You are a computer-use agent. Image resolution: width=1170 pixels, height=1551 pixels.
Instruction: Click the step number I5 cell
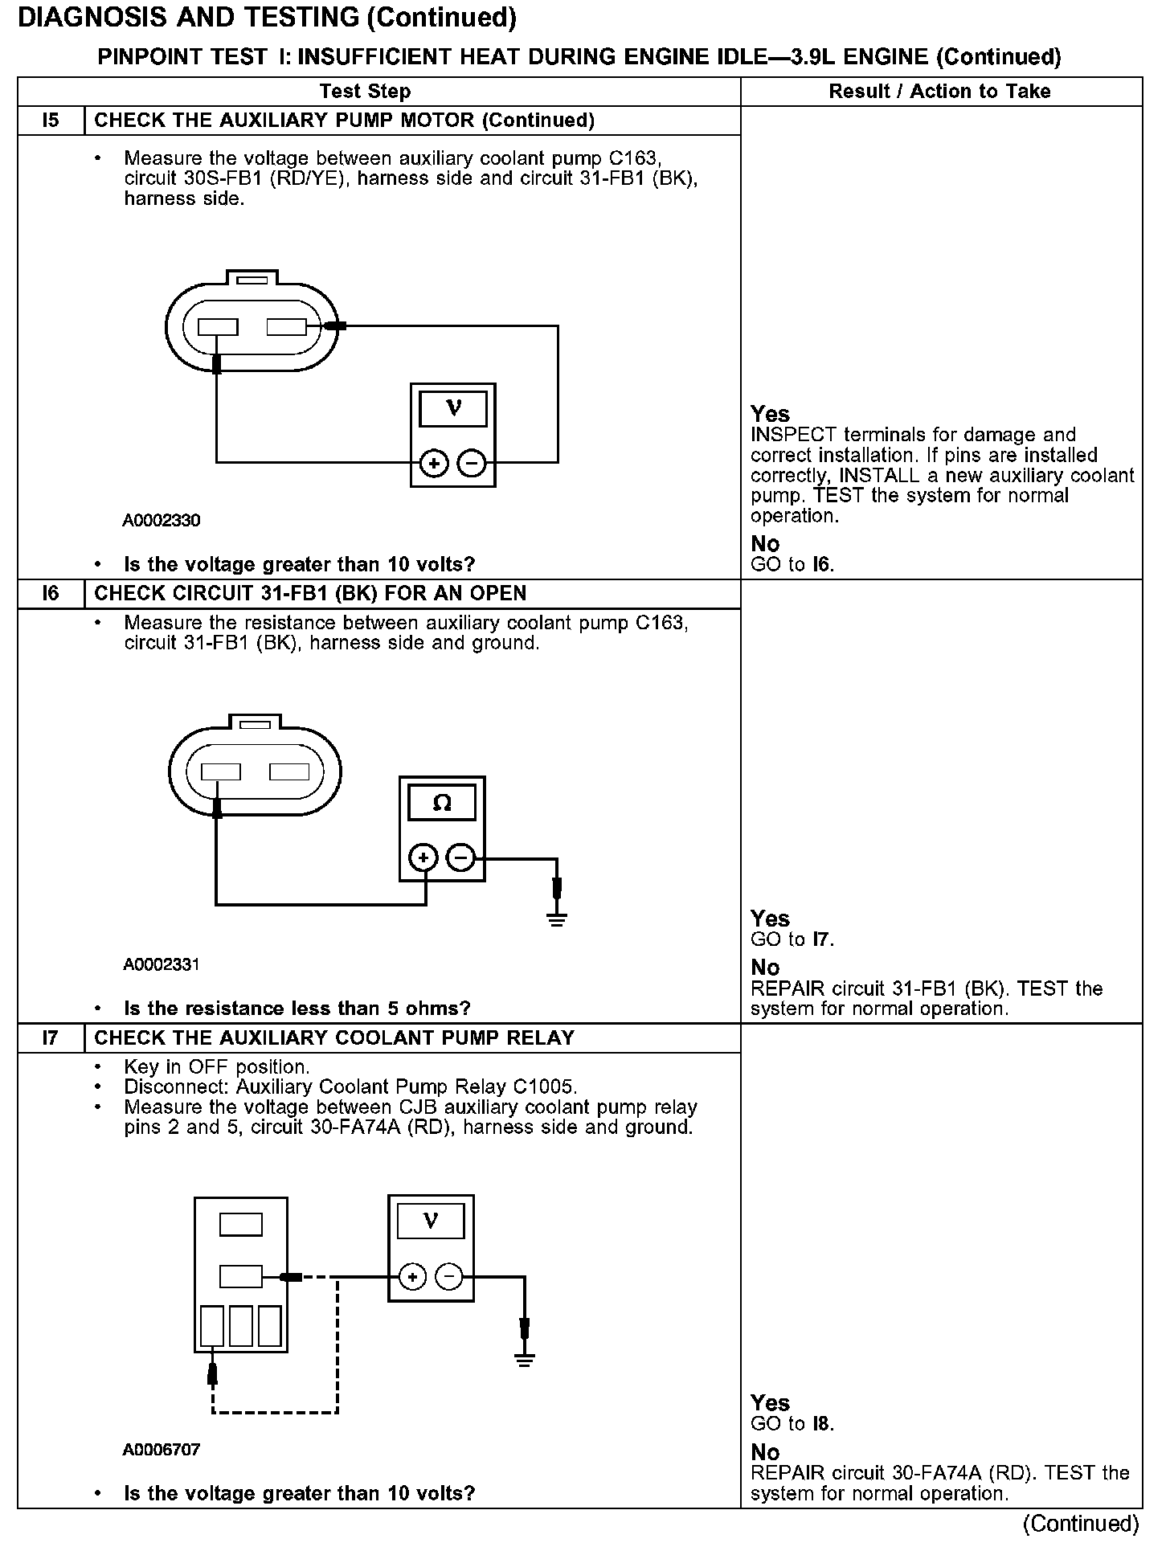(51, 121)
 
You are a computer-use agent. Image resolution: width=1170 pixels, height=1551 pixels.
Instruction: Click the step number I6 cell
(51, 594)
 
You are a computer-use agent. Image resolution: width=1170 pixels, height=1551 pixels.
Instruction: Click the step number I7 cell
(51, 1038)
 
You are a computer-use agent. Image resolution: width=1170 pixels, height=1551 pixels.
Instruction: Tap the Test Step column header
(365, 92)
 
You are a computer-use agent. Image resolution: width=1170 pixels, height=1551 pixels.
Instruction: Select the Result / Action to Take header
(939, 92)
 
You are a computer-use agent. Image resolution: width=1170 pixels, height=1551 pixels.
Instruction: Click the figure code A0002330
(162, 521)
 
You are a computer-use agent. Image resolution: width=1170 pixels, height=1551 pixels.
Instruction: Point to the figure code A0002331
(162, 964)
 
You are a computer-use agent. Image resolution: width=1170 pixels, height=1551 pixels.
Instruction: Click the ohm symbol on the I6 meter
(442, 803)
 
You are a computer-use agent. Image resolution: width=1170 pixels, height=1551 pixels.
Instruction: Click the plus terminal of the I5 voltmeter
(434, 464)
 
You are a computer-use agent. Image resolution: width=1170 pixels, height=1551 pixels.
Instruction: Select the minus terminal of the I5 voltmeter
(472, 464)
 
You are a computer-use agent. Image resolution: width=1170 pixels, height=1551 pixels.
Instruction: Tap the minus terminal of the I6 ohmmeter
(460, 858)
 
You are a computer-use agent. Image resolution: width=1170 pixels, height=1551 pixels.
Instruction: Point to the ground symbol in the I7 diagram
(525, 1360)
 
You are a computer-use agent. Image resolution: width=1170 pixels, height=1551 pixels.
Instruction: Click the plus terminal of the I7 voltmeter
(412, 1277)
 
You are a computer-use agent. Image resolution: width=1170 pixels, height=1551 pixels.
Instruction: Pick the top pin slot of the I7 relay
(241, 1224)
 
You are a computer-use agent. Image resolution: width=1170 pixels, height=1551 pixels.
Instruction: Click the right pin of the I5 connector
(287, 327)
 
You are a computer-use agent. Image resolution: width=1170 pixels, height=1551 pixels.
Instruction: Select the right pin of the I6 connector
(289, 771)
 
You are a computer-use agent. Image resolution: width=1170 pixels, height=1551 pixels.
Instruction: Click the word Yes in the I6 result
(770, 919)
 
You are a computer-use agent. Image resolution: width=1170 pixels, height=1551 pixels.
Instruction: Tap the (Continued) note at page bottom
(1081, 1524)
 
